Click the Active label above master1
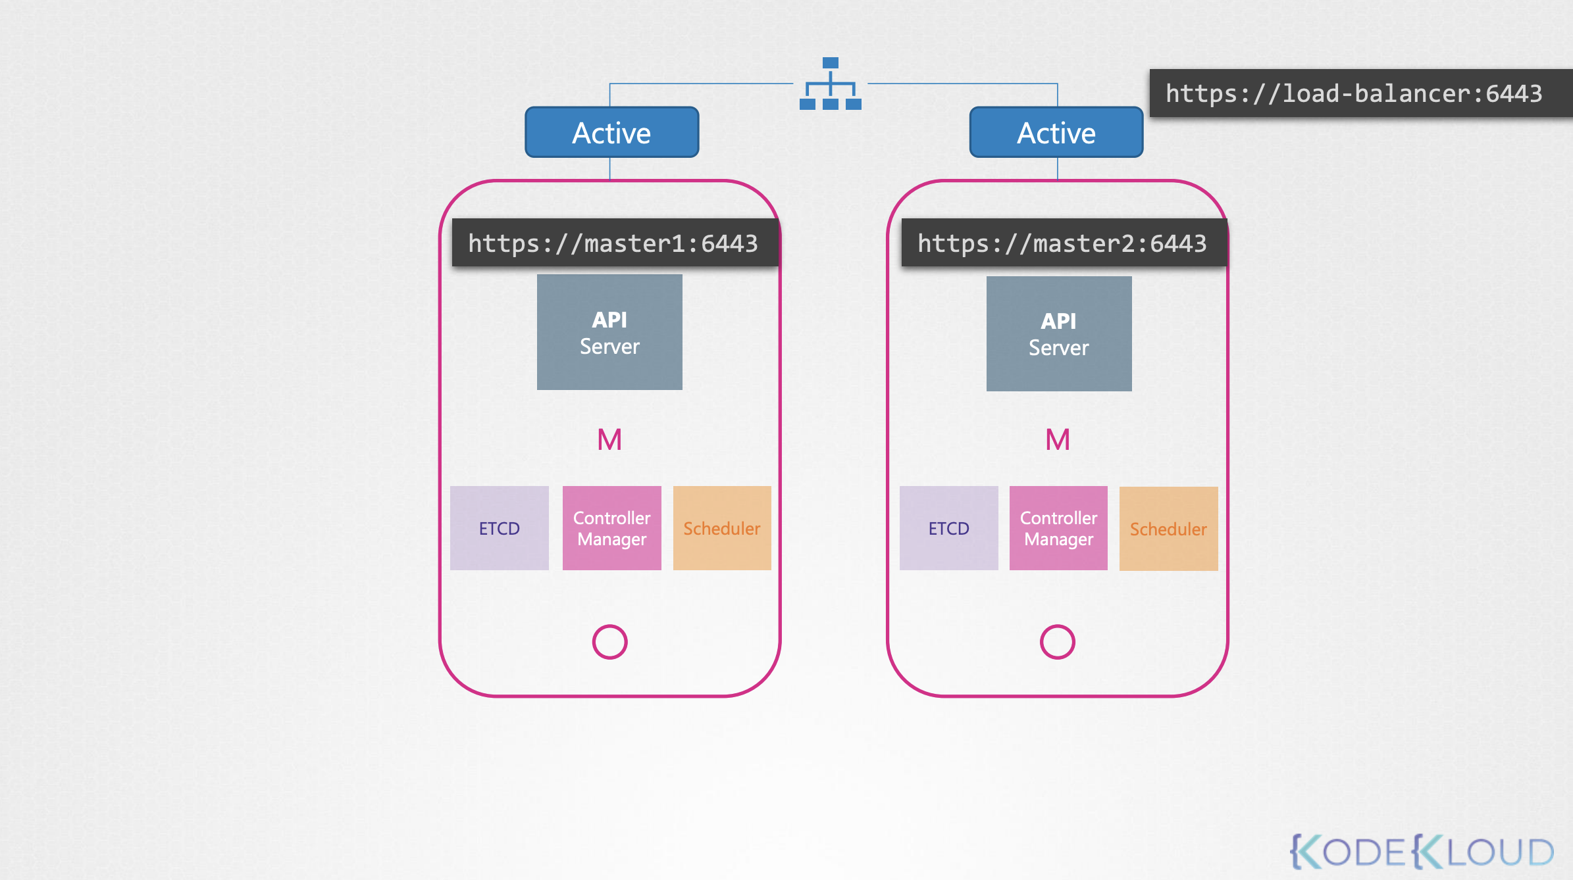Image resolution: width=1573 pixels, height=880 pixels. (611, 132)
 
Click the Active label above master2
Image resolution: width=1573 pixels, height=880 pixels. (1056, 132)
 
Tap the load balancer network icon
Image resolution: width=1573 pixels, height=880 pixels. (831, 84)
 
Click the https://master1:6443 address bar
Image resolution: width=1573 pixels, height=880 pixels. (615, 243)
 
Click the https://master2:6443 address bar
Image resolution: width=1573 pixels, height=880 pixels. (1064, 243)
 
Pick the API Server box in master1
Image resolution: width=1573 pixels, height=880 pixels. (609, 332)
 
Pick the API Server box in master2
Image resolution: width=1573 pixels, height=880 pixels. (1059, 333)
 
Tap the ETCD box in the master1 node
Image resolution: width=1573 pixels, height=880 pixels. (500, 528)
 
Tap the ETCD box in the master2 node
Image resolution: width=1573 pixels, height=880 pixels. (949, 528)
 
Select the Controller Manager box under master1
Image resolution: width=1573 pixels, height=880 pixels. (612, 528)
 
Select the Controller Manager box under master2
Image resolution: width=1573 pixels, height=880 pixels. (1058, 528)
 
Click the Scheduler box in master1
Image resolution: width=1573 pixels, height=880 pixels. (722, 528)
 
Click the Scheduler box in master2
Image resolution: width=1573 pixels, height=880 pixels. (1169, 529)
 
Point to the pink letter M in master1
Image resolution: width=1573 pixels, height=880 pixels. (609, 439)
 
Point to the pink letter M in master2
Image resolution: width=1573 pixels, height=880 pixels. (1058, 439)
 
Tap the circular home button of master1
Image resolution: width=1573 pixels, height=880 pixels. (609, 625)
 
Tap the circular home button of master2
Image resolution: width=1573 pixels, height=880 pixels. (1058, 625)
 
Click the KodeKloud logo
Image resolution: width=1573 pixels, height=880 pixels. (1422, 852)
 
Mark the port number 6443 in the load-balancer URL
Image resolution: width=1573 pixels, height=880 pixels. (1514, 93)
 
